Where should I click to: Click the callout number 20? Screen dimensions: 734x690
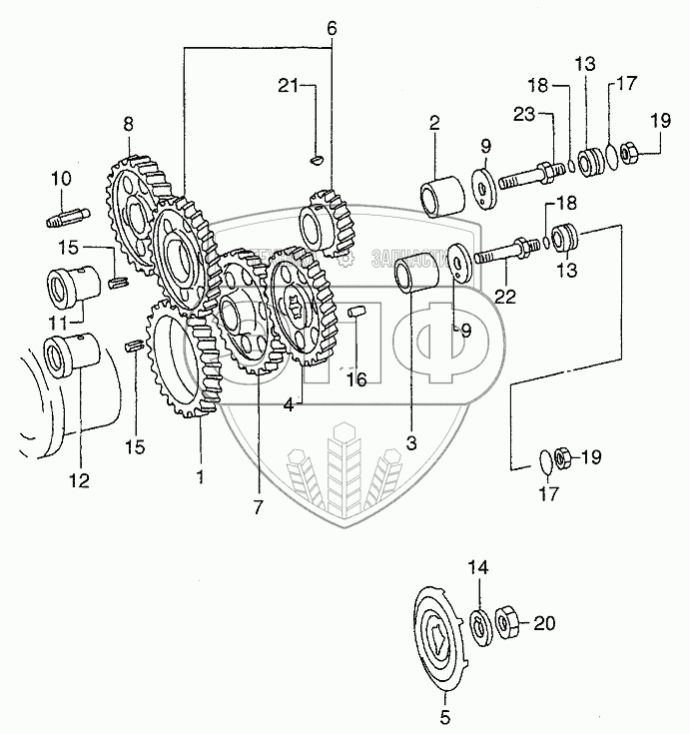543,624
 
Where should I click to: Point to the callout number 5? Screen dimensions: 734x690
445,716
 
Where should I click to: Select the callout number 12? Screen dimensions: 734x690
79,480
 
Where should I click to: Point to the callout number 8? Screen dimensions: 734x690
128,125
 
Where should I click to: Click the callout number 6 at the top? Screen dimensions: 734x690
332,29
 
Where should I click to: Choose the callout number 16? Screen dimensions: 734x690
356,378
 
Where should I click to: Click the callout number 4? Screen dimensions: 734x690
289,403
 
